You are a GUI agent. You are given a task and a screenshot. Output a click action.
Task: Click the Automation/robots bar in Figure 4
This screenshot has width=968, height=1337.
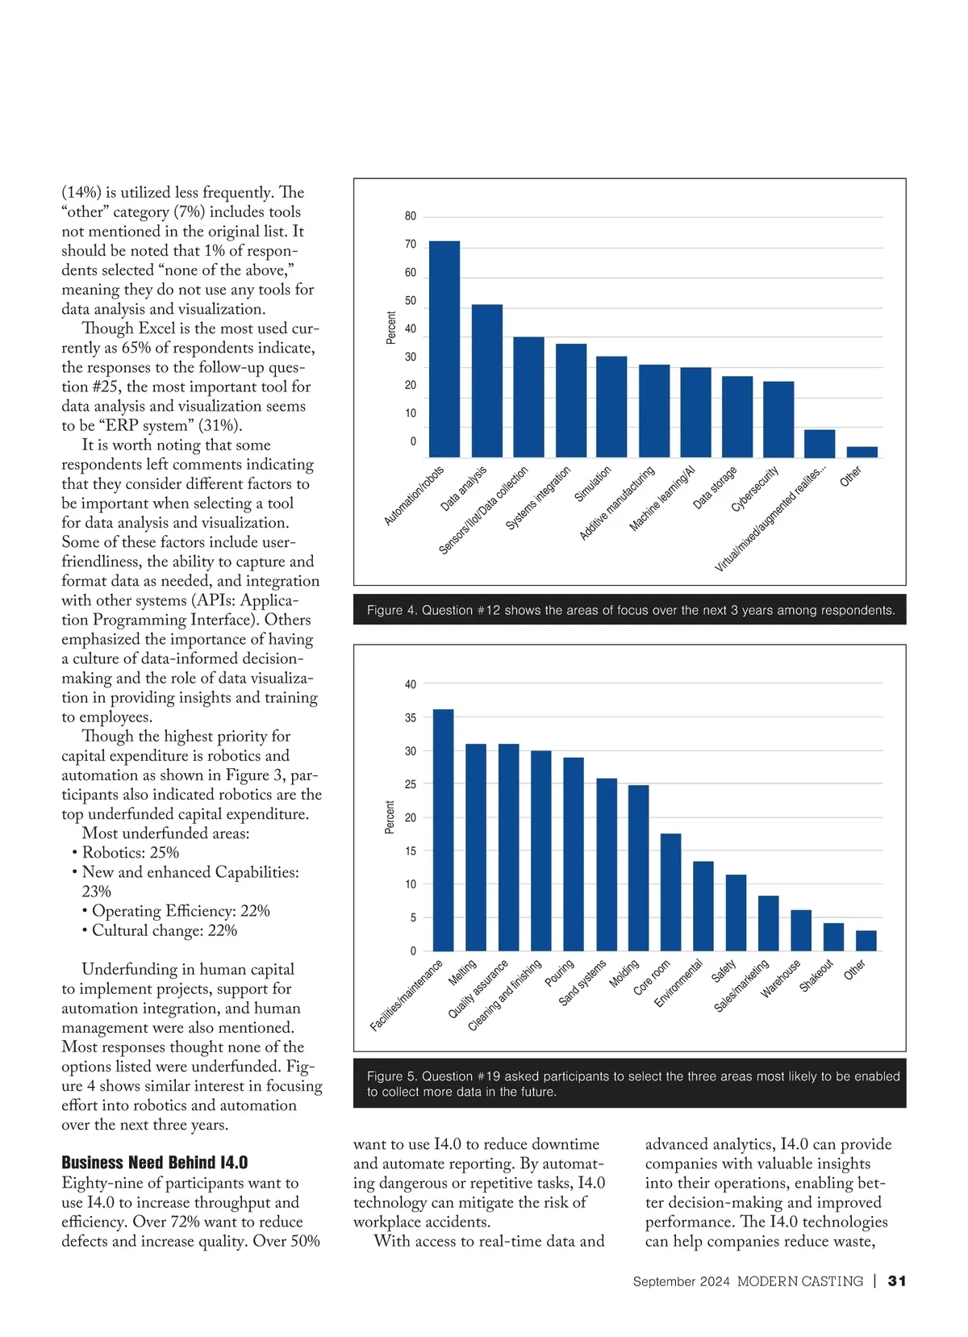click(x=444, y=349)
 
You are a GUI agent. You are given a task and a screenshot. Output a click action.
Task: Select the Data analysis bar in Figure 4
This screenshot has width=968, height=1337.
click(x=486, y=381)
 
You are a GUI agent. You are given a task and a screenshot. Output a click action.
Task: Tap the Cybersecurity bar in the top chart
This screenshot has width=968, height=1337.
click(x=778, y=419)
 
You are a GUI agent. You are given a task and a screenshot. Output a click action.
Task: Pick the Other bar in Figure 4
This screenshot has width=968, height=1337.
click(x=862, y=452)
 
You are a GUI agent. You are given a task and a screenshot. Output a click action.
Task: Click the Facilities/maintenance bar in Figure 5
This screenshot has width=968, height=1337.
click(x=444, y=830)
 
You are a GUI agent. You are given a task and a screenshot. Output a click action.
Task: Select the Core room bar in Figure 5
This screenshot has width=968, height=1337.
click(x=670, y=892)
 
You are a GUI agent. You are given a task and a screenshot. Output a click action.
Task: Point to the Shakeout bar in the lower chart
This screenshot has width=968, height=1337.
click(x=833, y=937)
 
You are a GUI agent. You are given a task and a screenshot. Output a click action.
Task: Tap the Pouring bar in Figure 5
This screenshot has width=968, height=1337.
click(x=574, y=854)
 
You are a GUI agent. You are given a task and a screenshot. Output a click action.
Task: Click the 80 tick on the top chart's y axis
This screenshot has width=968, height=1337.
click(x=411, y=216)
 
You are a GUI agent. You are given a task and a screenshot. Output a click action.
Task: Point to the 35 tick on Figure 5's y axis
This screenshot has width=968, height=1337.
click(x=411, y=717)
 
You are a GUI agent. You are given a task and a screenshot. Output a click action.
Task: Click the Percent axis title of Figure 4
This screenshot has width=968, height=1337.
click(x=391, y=328)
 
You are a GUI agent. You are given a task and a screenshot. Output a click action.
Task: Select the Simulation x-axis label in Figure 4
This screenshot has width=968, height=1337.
click(x=593, y=484)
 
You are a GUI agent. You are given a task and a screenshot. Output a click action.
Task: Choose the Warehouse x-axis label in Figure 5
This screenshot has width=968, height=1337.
click(x=780, y=978)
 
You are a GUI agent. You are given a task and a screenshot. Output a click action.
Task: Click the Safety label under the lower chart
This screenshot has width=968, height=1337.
click(x=724, y=971)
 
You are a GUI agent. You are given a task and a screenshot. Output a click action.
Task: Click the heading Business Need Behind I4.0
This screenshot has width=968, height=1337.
click(x=154, y=1163)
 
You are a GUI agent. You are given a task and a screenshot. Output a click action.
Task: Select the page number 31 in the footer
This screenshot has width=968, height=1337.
click(x=897, y=1281)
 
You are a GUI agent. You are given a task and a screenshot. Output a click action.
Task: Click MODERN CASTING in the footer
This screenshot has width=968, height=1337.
click(x=799, y=1281)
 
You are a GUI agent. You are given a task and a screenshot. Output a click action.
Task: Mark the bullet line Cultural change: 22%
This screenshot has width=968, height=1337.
click(x=164, y=930)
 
